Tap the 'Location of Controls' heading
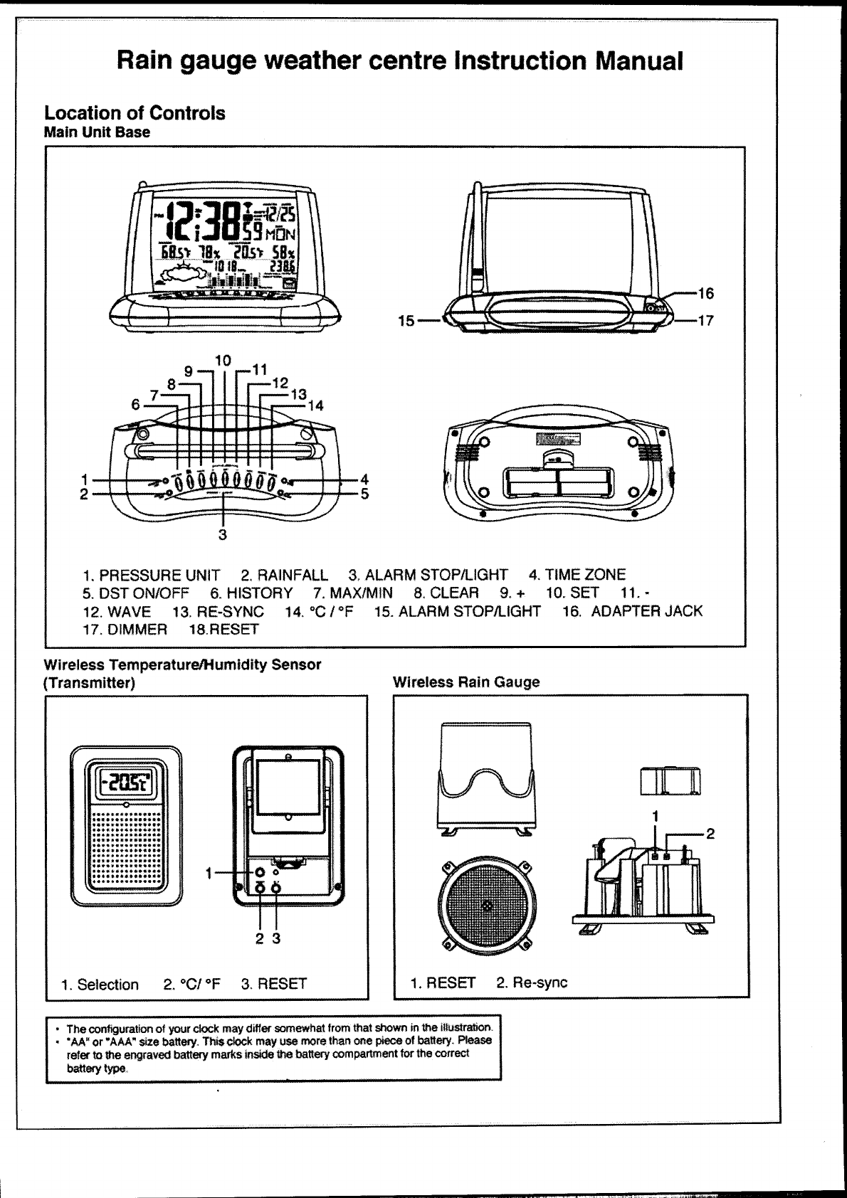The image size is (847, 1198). tap(135, 113)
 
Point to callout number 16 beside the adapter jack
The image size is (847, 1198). tap(705, 294)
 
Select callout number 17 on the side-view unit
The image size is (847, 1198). tap(705, 321)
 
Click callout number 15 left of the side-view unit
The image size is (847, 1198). tap(406, 321)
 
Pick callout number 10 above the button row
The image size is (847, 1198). tap(223, 361)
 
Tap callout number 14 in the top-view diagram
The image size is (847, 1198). tap(315, 405)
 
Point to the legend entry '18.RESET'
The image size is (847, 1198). tap(223, 630)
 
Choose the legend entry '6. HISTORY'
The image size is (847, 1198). tap(251, 593)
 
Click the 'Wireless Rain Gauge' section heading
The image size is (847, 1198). tap(466, 682)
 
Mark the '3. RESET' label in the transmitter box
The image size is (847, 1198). tap(274, 985)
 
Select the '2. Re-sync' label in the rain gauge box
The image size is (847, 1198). tap(532, 983)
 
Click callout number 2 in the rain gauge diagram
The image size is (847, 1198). tap(710, 834)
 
